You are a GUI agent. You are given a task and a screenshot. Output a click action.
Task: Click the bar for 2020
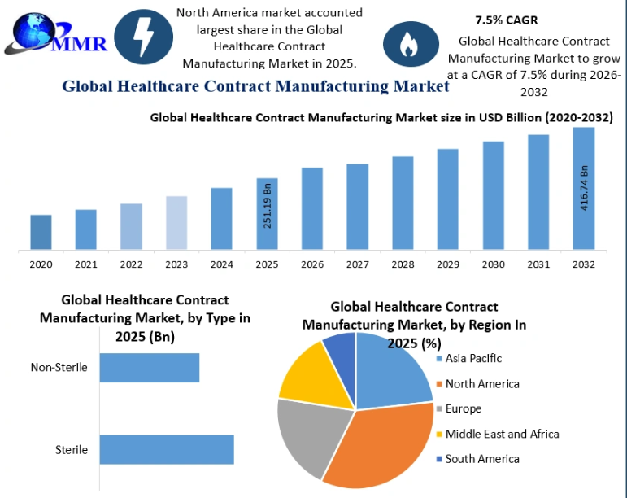[41, 232]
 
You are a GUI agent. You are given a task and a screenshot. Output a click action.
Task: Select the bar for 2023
[176, 222]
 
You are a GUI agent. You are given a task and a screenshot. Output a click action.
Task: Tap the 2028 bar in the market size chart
[403, 203]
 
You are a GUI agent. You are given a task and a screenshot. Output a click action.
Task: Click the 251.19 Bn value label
[268, 206]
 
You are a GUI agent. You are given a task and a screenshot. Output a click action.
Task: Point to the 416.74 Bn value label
[584, 188]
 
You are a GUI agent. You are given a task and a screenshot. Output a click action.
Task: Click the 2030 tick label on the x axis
[493, 264]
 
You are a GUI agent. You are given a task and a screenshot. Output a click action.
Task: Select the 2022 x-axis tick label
[131, 264]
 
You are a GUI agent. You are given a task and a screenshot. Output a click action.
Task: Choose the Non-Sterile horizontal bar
[149, 368]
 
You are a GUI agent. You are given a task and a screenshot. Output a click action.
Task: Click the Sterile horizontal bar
[166, 450]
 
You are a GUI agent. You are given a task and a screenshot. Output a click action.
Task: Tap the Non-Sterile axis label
[59, 367]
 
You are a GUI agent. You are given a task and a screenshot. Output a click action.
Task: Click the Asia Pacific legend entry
[473, 358]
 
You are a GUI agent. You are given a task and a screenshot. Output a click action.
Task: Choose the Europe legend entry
[463, 408]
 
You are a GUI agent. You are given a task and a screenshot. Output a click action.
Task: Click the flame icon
[410, 46]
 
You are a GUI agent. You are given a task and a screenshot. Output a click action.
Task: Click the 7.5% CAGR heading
[507, 20]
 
